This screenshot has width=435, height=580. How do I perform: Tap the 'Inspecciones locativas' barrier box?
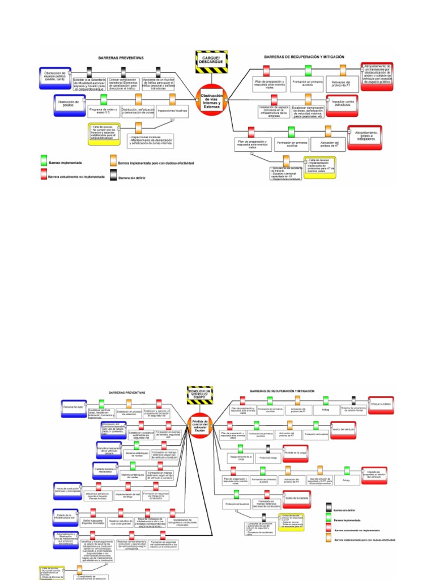point(172,110)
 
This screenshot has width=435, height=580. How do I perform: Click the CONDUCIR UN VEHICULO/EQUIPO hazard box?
point(200,394)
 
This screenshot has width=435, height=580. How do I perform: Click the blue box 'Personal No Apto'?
point(74,407)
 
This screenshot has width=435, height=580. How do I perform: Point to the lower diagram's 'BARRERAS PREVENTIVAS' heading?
point(127,392)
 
